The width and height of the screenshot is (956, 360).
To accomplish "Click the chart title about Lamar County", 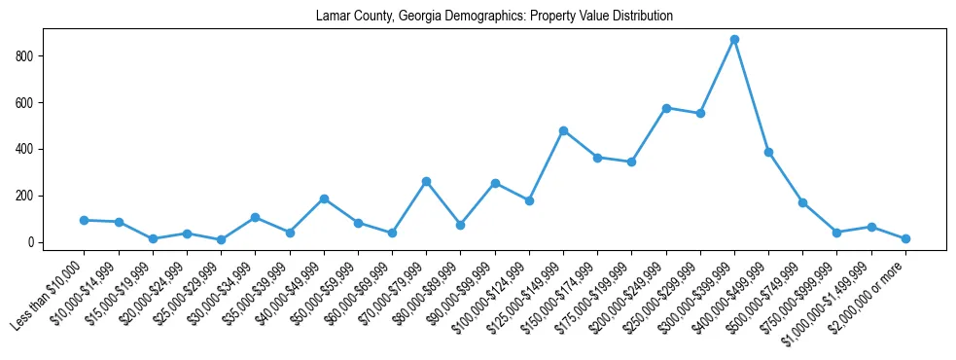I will click(494, 17).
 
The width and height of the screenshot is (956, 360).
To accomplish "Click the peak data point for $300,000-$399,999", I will click(734, 40).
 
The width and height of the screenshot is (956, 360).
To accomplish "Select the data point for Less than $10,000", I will click(85, 220).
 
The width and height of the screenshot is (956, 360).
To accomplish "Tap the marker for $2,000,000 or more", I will click(905, 238).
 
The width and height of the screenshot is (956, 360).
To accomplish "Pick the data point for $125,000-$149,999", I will click(563, 130).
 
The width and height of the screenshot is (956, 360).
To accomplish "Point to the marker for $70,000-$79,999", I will click(426, 181).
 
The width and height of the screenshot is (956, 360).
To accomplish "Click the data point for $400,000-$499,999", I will click(768, 152).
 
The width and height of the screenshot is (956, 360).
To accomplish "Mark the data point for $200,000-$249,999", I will click(666, 108).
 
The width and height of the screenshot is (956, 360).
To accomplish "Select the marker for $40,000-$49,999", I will click(324, 198).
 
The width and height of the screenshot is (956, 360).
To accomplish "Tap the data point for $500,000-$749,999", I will click(802, 202).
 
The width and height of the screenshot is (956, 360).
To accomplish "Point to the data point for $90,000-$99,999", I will click(495, 183).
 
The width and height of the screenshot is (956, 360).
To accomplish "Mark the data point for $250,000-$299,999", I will click(700, 114).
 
